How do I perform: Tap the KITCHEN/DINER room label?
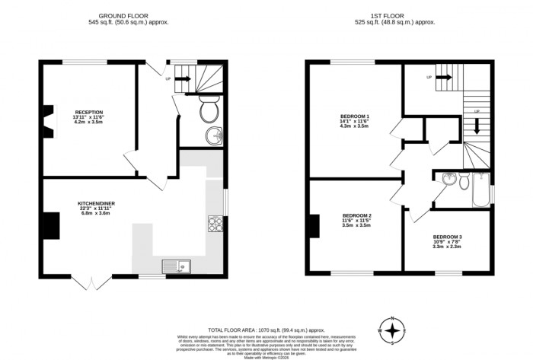pos(95,203)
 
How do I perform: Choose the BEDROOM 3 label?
pos(447,237)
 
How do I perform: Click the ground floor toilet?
pos(209,111)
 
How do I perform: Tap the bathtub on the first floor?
pos(480,191)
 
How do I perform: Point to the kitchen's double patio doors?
pos(89,282)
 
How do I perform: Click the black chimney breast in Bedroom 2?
pos(313,227)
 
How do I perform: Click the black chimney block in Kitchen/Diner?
pos(50,225)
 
